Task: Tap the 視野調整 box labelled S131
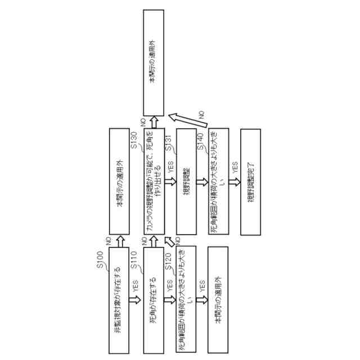pos(186,182)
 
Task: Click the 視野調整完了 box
pos(251,182)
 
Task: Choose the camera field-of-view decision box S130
pos(154,182)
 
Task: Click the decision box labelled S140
pos(218,182)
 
